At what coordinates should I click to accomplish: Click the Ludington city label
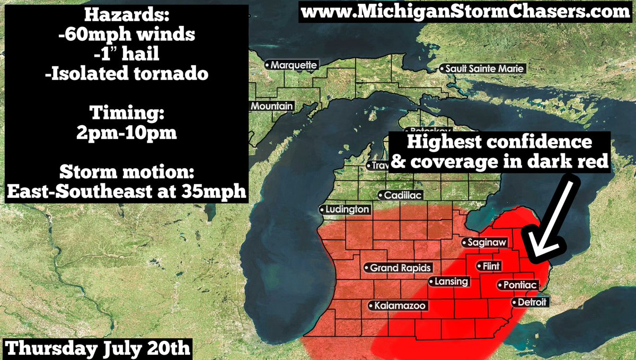coord(345,209)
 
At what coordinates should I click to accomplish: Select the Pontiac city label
coord(517,285)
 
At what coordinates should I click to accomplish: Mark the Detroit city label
coord(530,302)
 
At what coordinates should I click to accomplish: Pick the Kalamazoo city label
coord(397,306)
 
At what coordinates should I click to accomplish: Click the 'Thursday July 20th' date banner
coord(98,349)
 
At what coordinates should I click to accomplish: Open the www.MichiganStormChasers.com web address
coord(466,12)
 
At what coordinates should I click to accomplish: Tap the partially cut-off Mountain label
coord(271,107)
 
